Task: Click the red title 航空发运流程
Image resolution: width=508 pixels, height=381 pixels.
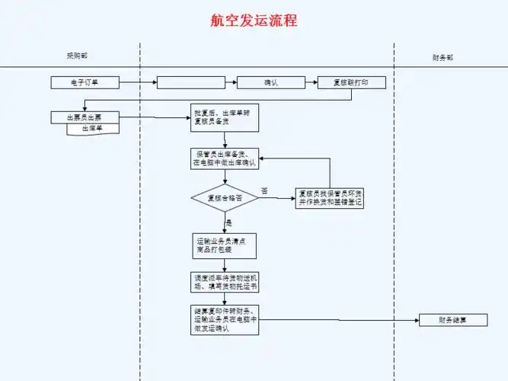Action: pyautogui.click(x=254, y=21)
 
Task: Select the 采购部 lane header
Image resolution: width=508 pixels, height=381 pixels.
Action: pyautogui.click(x=77, y=56)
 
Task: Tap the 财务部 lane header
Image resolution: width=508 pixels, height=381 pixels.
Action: pyautogui.click(x=443, y=57)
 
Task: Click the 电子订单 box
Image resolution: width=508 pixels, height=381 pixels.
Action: pyautogui.click(x=85, y=82)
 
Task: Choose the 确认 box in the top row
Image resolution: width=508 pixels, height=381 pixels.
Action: pyautogui.click(x=272, y=82)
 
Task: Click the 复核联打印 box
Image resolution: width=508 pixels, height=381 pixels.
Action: pyautogui.click(x=352, y=82)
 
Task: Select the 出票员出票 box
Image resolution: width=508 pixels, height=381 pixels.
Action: pyautogui.click(x=85, y=117)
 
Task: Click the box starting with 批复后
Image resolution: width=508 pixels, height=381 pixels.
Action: pyautogui.click(x=224, y=117)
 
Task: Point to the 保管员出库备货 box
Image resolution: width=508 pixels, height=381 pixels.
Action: pyautogui.click(x=224, y=158)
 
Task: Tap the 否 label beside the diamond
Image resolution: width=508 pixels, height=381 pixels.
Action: pyautogui.click(x=264, y=190)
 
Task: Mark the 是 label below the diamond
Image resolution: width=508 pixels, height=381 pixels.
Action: pyautogui.click(x=229, y=223)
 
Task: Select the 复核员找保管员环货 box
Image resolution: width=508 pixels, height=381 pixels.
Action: pyautogui.click(x=330, y=199)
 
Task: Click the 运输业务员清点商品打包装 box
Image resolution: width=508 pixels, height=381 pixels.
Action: pyautogui.click(x=224, y=244)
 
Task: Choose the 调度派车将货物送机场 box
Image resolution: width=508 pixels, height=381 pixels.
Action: pyautogui.click(x=224, y=282)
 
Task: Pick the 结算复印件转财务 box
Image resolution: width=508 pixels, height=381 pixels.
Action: pyautogui.click(x=224, y=320)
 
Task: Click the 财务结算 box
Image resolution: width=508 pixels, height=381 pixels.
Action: pyautogui.click(x=453, y=320)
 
